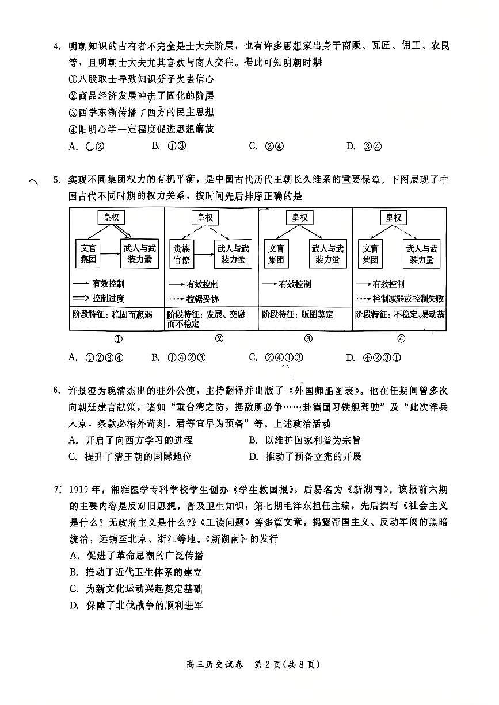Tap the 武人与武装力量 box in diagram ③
[x=327, y=253]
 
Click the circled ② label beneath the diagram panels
[x=219, y=338]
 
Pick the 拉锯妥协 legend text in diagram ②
[x=202, y=299]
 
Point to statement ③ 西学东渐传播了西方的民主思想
[x=141, y=113]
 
